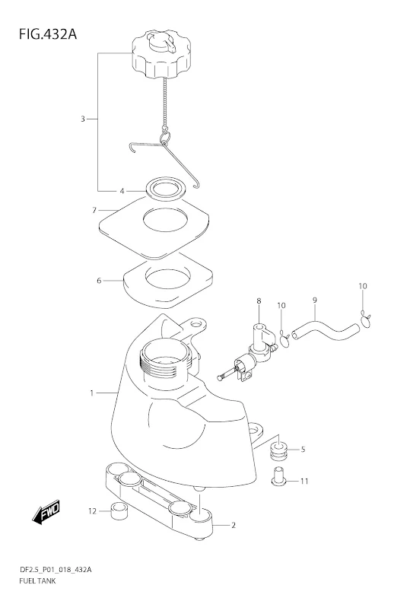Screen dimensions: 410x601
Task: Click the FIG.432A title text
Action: (x=48, y=34)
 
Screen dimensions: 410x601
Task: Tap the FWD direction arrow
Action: (x=46, y=512)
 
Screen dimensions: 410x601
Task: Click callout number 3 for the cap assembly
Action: (x=82, y=119)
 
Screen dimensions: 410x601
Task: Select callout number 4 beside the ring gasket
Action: (x=122, y=191)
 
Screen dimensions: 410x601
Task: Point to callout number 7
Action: (x=94, y=210)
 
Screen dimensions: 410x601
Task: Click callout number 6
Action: (x=99, y=281)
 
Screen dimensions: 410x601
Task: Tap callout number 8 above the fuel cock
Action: (x=259, y=301)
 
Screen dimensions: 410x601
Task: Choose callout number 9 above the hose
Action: (x=315, y=300)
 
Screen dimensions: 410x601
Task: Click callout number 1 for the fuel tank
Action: (x=91, y=393)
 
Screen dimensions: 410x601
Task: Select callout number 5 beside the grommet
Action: (x=303, y=449)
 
